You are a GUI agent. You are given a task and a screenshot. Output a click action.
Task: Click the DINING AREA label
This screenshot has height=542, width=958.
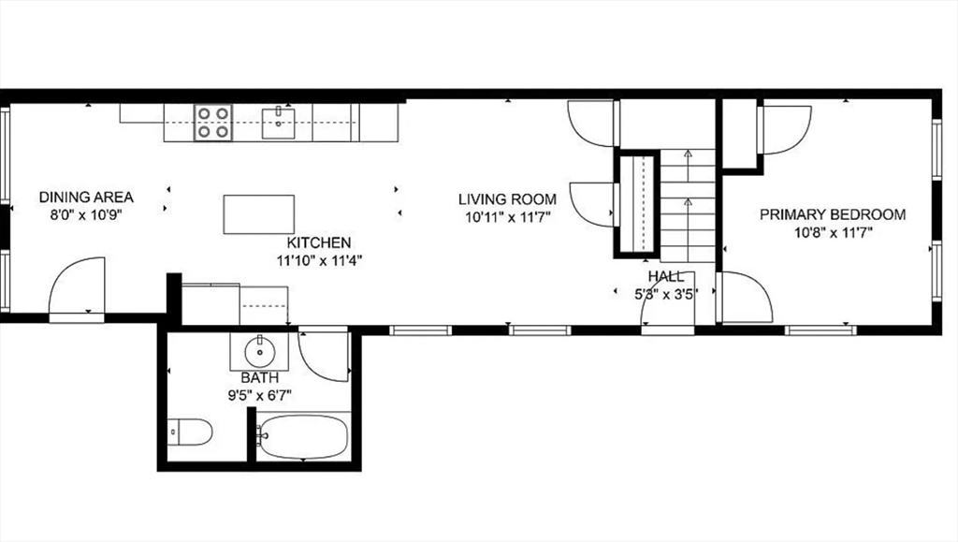[x=86, y=198]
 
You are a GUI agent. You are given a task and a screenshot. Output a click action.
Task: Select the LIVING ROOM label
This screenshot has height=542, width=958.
[x=508, y=199]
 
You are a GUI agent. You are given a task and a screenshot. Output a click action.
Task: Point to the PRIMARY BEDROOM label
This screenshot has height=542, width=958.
[x=833, y=214]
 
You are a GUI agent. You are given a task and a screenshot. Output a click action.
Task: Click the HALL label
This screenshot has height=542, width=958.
[x=666, y=277]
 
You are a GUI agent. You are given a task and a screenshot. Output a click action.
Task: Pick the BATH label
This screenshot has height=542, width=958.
[x=260, y=377]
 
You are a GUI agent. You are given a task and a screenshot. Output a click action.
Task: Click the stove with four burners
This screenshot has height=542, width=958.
[x=213, y=123]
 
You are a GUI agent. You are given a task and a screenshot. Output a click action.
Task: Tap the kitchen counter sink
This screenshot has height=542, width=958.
[x=279, y=124]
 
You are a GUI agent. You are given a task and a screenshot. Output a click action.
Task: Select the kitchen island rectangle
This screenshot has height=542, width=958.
[x=259, y=214]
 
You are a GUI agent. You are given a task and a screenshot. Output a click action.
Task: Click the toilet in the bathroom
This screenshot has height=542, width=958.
[x=189, y=432]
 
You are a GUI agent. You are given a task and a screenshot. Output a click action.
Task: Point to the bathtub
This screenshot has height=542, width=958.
[x=302, y=436]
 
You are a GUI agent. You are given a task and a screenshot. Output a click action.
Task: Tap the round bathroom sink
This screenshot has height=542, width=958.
[x=260, y=352]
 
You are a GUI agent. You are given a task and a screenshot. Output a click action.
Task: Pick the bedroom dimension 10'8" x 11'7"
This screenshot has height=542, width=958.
[x=833, y=232]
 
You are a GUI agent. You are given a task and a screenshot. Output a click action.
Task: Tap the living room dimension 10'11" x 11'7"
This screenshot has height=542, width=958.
[x=508, y=217]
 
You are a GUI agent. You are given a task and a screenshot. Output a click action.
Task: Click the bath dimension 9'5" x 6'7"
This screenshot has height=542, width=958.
[x=260, y=395]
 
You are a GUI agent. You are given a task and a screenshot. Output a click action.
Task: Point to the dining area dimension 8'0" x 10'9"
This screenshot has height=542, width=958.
[x=86, y=215]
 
